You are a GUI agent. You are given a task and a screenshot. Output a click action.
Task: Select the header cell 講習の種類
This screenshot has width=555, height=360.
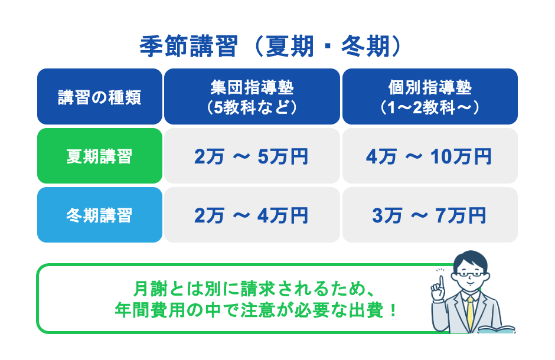99,97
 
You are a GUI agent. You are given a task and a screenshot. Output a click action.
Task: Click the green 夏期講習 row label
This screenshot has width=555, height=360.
99,156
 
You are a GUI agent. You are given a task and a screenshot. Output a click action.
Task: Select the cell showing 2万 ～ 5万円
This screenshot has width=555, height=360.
252,156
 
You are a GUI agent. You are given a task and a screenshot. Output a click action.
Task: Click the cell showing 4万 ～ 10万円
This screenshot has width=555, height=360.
430,156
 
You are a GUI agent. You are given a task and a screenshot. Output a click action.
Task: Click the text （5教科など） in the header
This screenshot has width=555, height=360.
252,107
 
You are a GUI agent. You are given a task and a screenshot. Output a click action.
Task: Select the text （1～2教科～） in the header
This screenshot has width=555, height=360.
430,107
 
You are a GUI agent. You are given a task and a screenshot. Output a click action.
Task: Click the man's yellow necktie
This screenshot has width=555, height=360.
469,313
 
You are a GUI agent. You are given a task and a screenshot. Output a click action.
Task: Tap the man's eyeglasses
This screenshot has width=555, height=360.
470,275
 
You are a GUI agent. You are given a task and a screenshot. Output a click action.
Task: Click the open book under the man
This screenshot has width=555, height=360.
496,329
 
